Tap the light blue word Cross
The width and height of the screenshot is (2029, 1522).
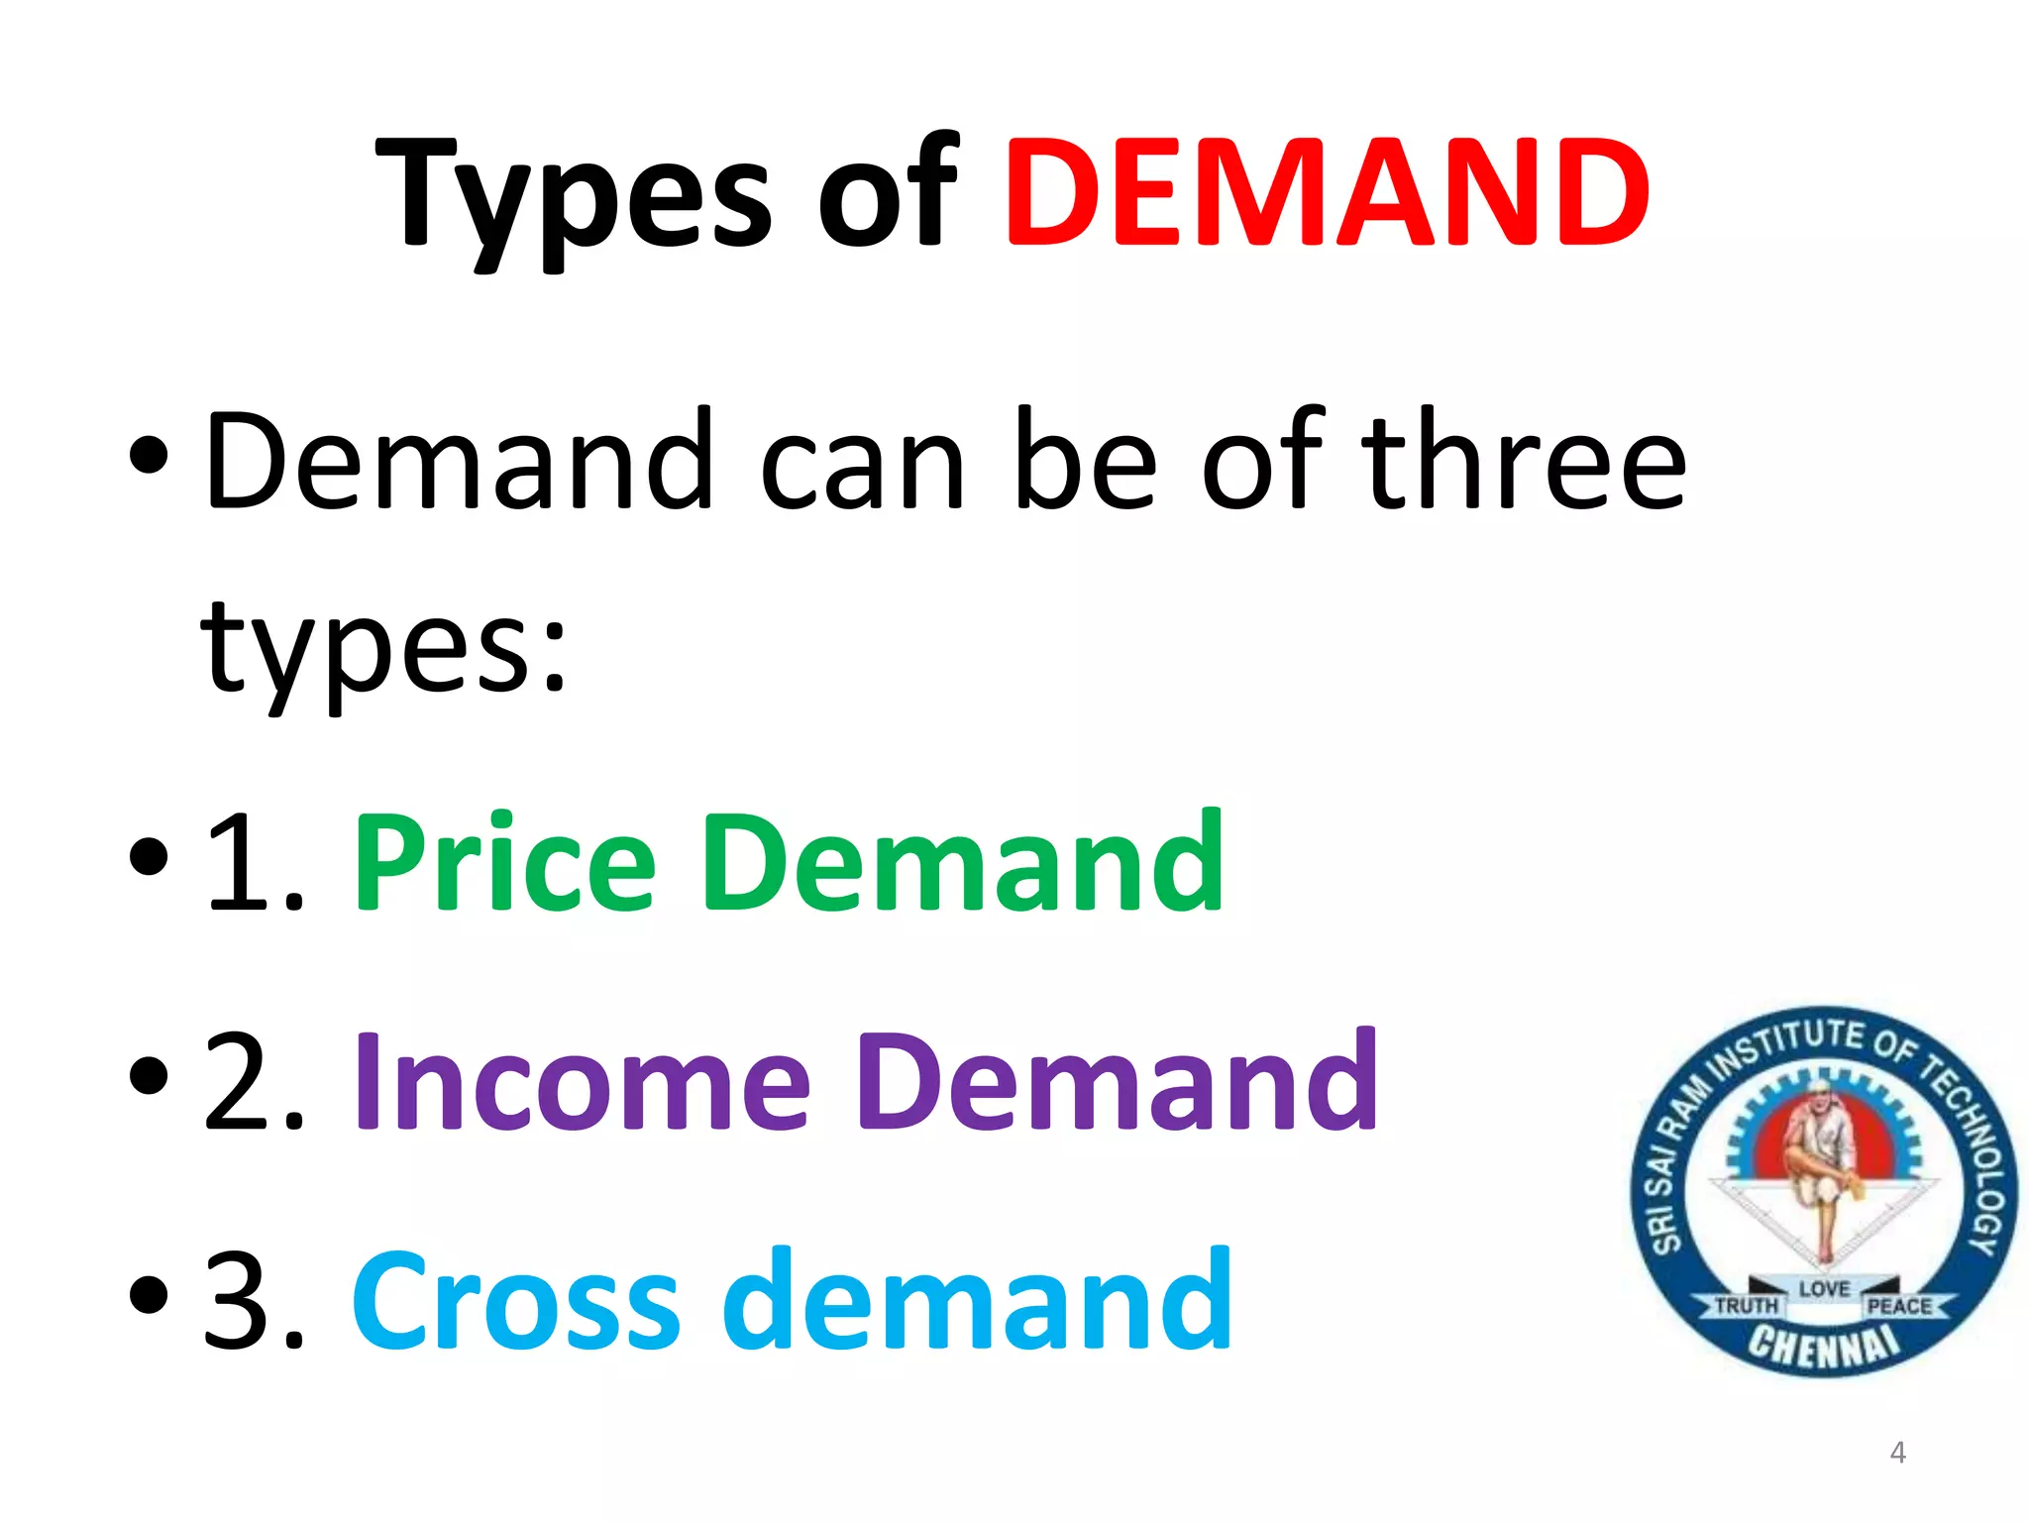point(515,1300)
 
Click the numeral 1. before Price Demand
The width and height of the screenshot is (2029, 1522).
point(253,862)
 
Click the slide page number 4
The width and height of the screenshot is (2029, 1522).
point(1897,1453)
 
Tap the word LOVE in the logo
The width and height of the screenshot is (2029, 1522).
point(1824,1288)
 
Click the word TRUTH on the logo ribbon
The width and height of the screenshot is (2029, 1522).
point(1746,1306)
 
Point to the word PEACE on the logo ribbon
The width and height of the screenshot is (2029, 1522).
point(1899,1306)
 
